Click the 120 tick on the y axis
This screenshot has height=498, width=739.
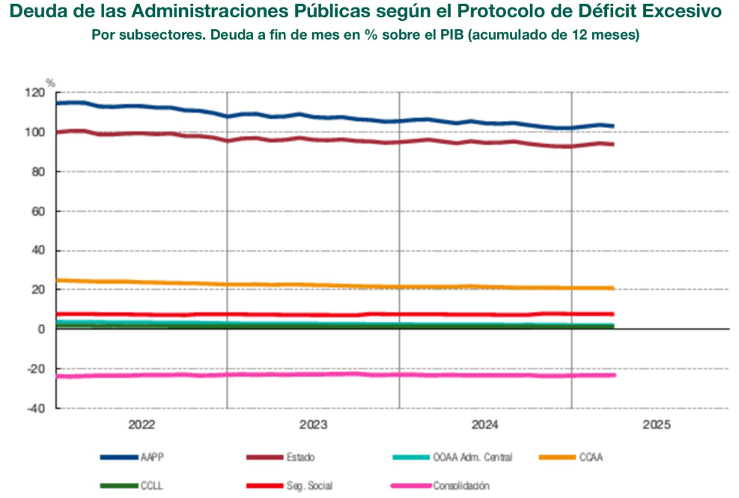(35, 93)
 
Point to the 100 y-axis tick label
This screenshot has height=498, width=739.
(35, 133)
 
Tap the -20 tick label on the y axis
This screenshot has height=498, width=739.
(35, 369)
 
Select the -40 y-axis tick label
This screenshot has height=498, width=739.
(35, 409)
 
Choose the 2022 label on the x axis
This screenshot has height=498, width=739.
(141, 425)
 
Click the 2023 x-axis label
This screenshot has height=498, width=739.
(313, 425)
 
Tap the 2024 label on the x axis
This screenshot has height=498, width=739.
(485, 425)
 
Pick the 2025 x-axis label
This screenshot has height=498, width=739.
(657, 425)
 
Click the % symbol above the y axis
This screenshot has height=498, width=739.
(51, 82)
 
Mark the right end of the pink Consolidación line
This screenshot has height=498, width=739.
(615, 374)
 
